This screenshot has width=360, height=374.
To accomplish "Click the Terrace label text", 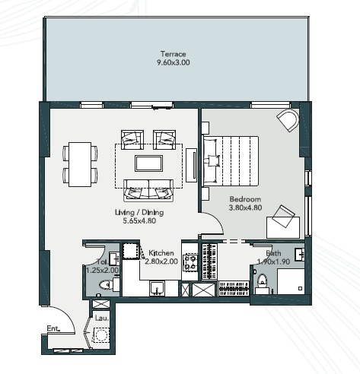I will (x=174, y=53).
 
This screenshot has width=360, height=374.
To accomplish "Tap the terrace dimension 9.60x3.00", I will (x=174, y=62).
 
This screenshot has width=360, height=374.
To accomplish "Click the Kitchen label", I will (x=161, y=252).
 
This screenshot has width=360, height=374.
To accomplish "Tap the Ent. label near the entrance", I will (x=53, y=328).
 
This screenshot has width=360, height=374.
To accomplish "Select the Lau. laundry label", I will (x=100, y=318).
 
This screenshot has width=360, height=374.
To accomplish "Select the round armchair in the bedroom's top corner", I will (x=288, y=119).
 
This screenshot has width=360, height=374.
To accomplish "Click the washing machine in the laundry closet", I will (x=101, y=335).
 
